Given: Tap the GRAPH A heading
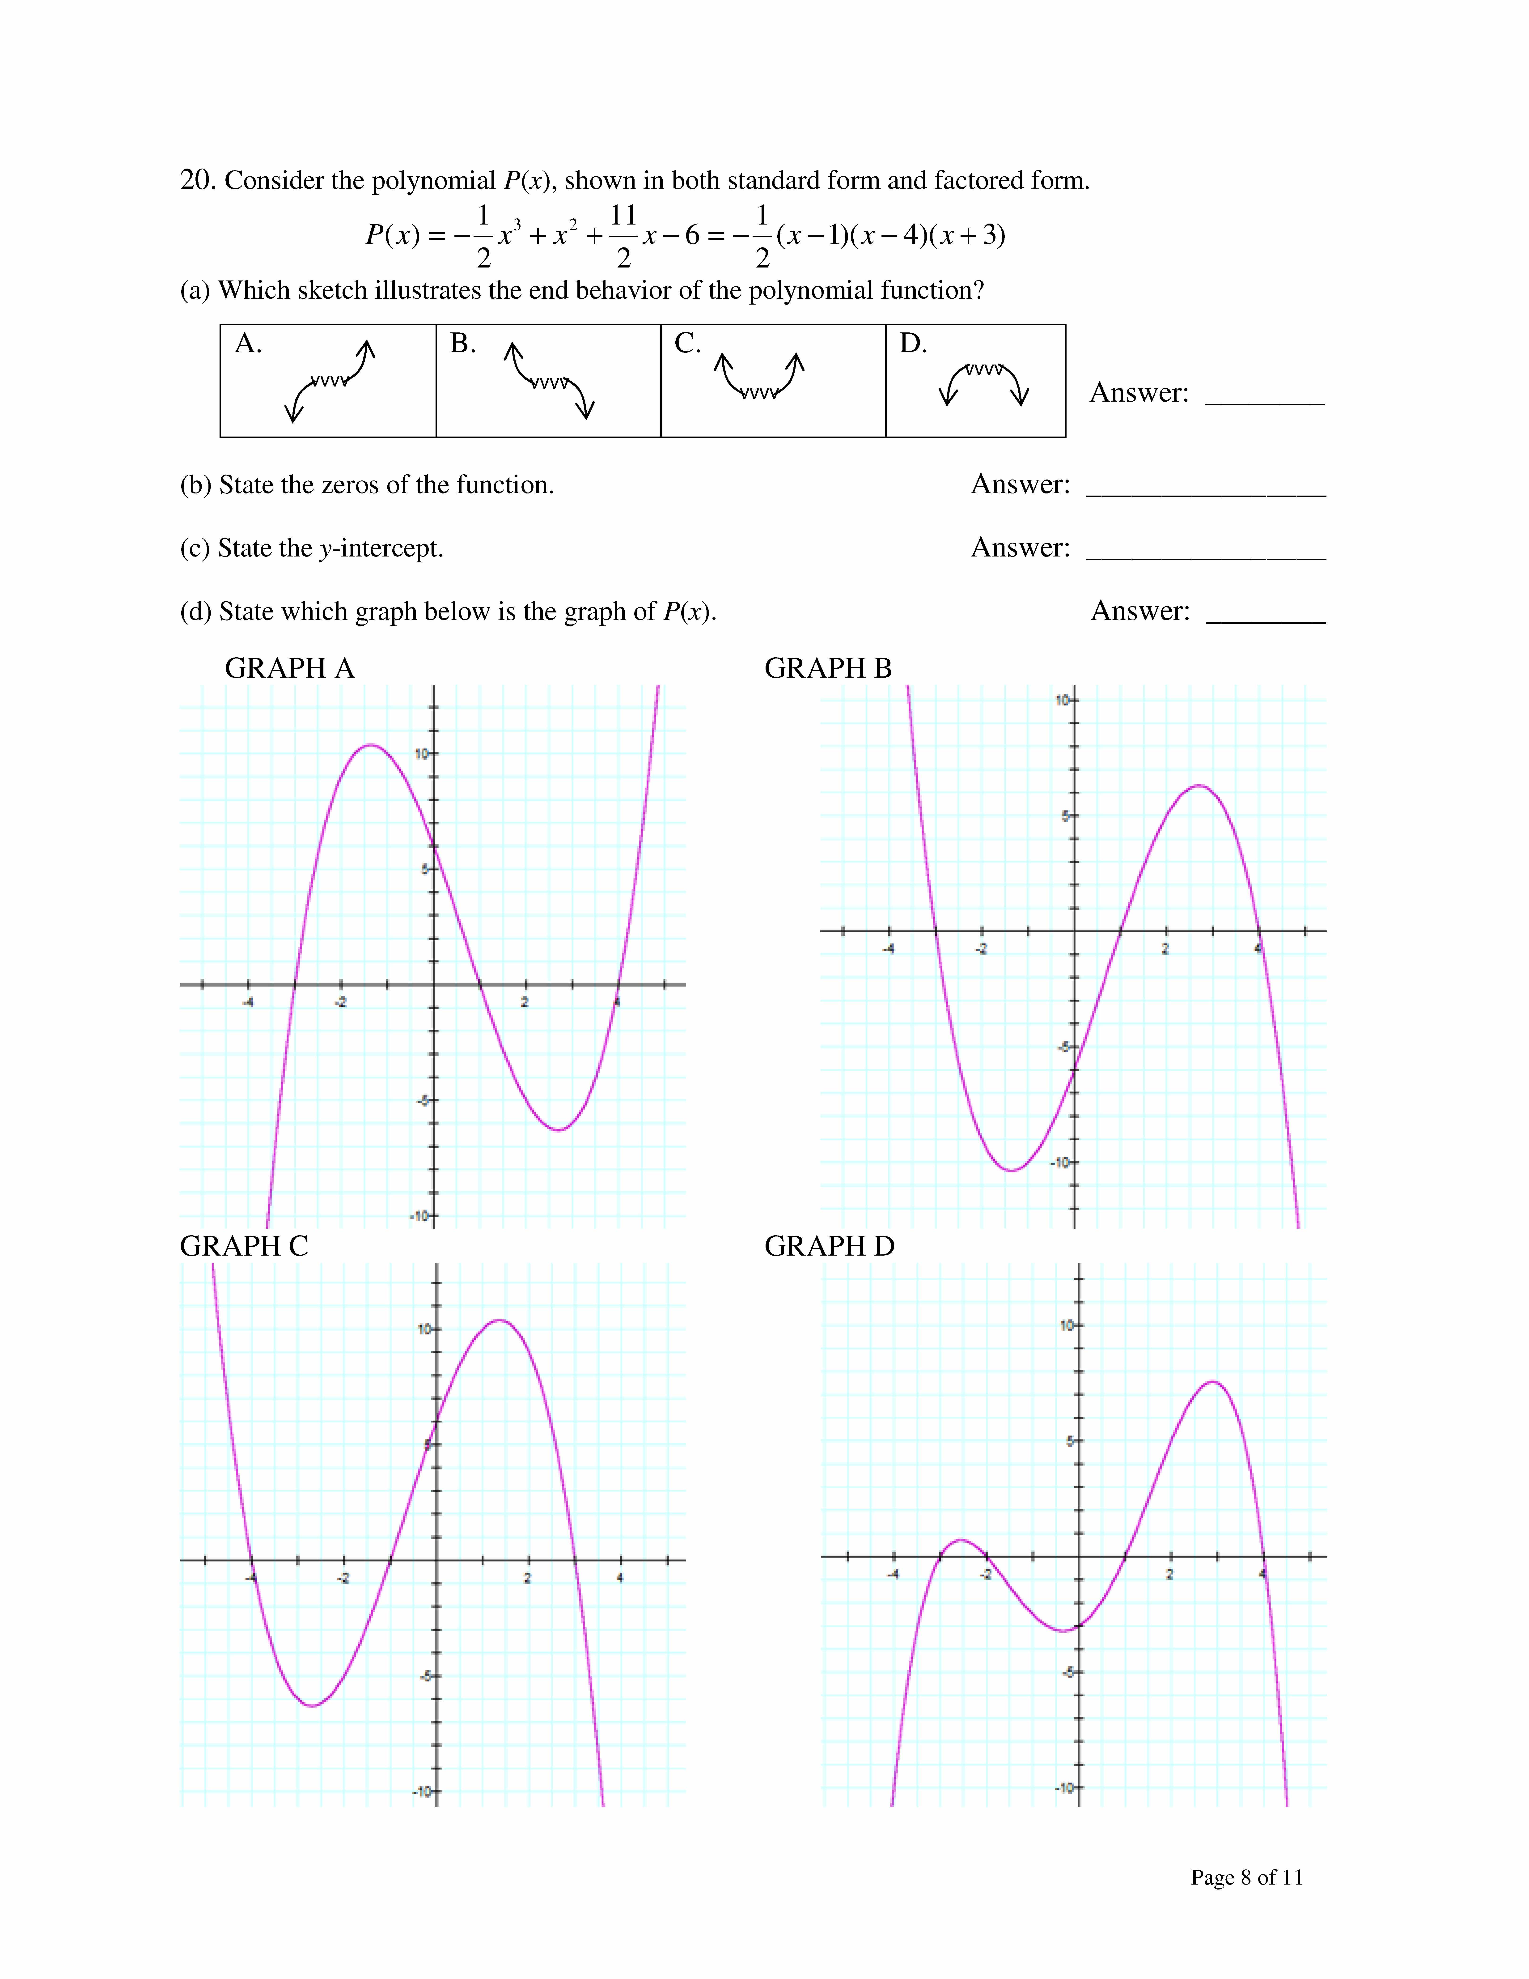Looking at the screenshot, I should [289, 669].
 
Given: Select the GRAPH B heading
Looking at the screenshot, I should [828, 669].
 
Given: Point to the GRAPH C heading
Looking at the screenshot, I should [244, 1247].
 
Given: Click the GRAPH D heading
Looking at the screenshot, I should [829, 1247].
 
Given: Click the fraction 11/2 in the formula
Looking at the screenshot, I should [623, 236].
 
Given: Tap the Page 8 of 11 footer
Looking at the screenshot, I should [1246, 1877].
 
